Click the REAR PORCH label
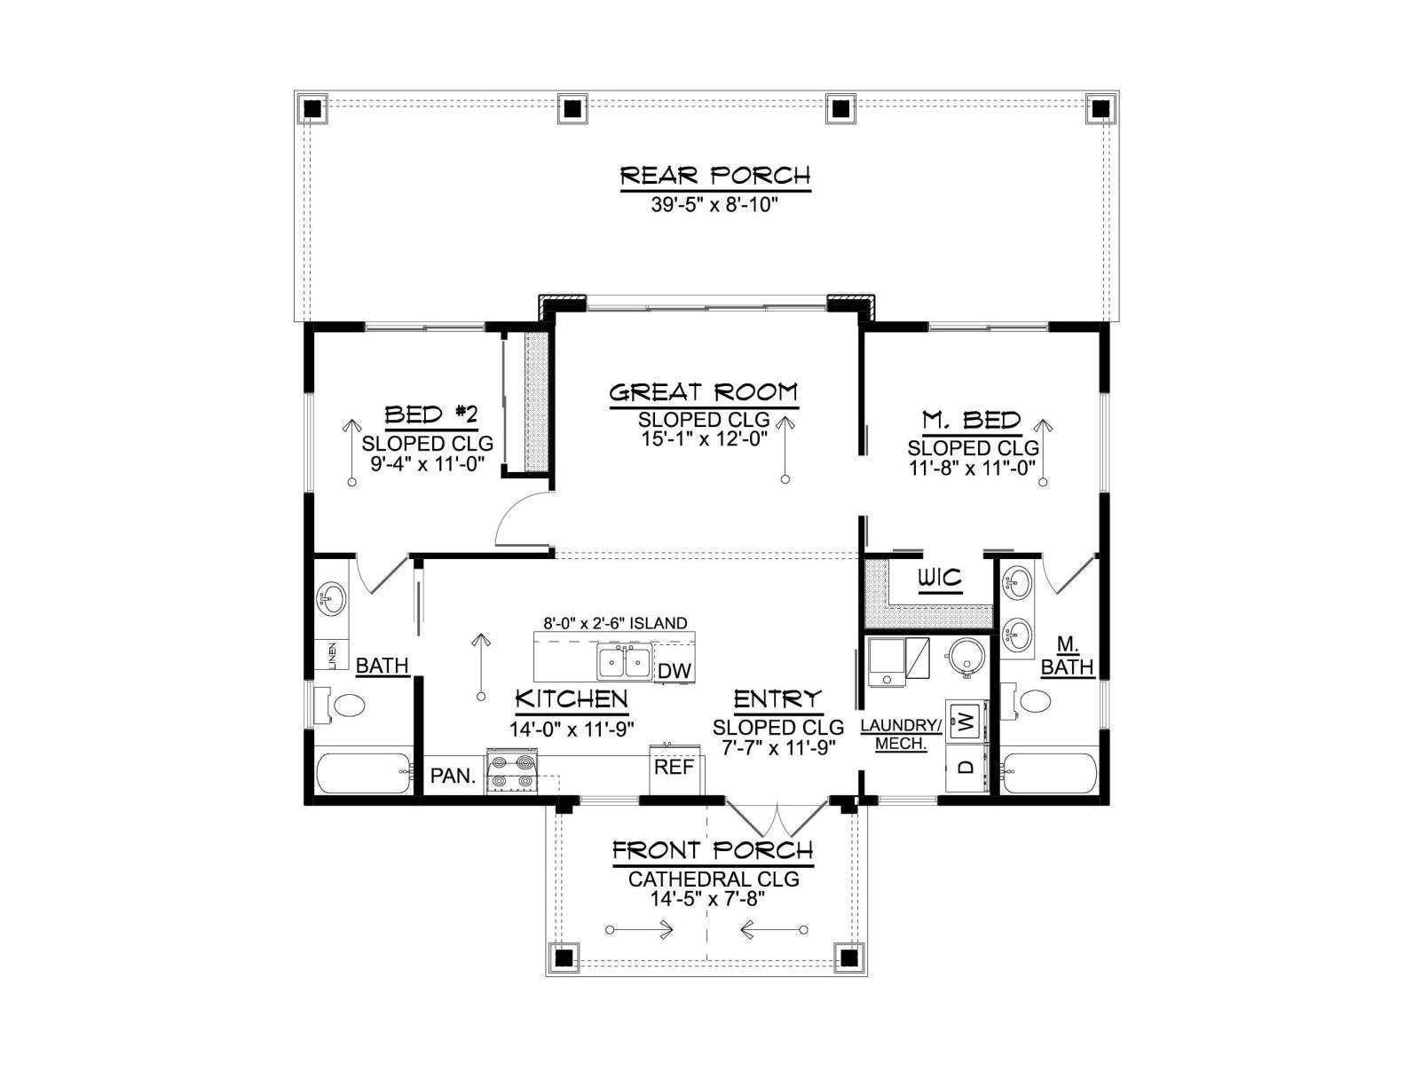pos(714,175)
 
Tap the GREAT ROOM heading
pos(704,392)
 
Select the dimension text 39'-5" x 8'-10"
pos(714,205)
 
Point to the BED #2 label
pos(430,414)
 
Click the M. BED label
pos(971,421)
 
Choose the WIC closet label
pos(941,577)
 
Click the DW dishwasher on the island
pos(674,671)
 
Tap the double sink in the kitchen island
pos(624,662)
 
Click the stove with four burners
pos(512,770)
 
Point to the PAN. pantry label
pos(453,776)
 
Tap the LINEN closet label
pos(332,655)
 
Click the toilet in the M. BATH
pos(1029,701)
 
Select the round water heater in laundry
pos(966,657)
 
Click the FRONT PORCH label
pos(713,849)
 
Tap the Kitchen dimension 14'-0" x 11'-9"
pos(571,729)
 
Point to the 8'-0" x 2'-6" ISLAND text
pos(614,623)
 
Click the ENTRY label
pos(777,699)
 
